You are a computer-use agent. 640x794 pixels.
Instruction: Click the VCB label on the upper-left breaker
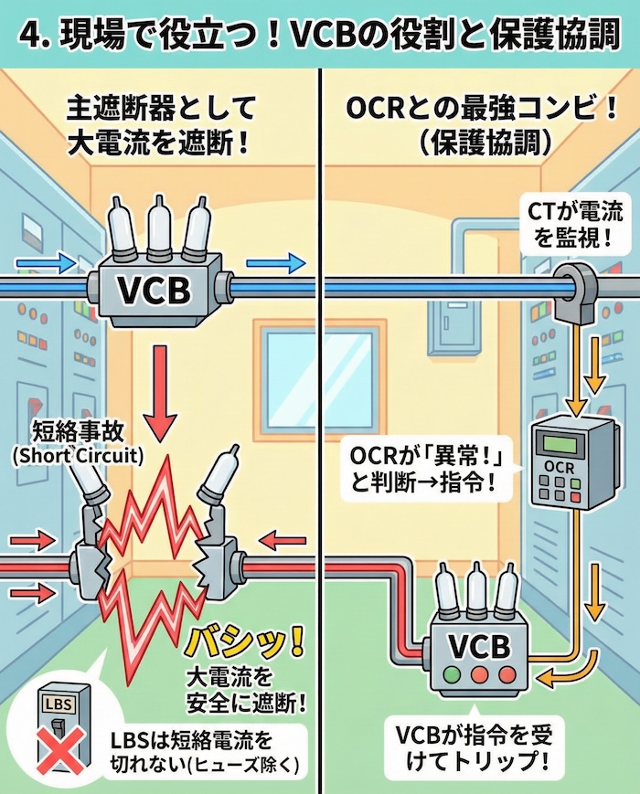[155, 291]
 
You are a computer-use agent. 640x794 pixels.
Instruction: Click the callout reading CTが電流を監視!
[575, 226]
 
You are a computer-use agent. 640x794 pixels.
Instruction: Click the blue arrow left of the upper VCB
[57, 263]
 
